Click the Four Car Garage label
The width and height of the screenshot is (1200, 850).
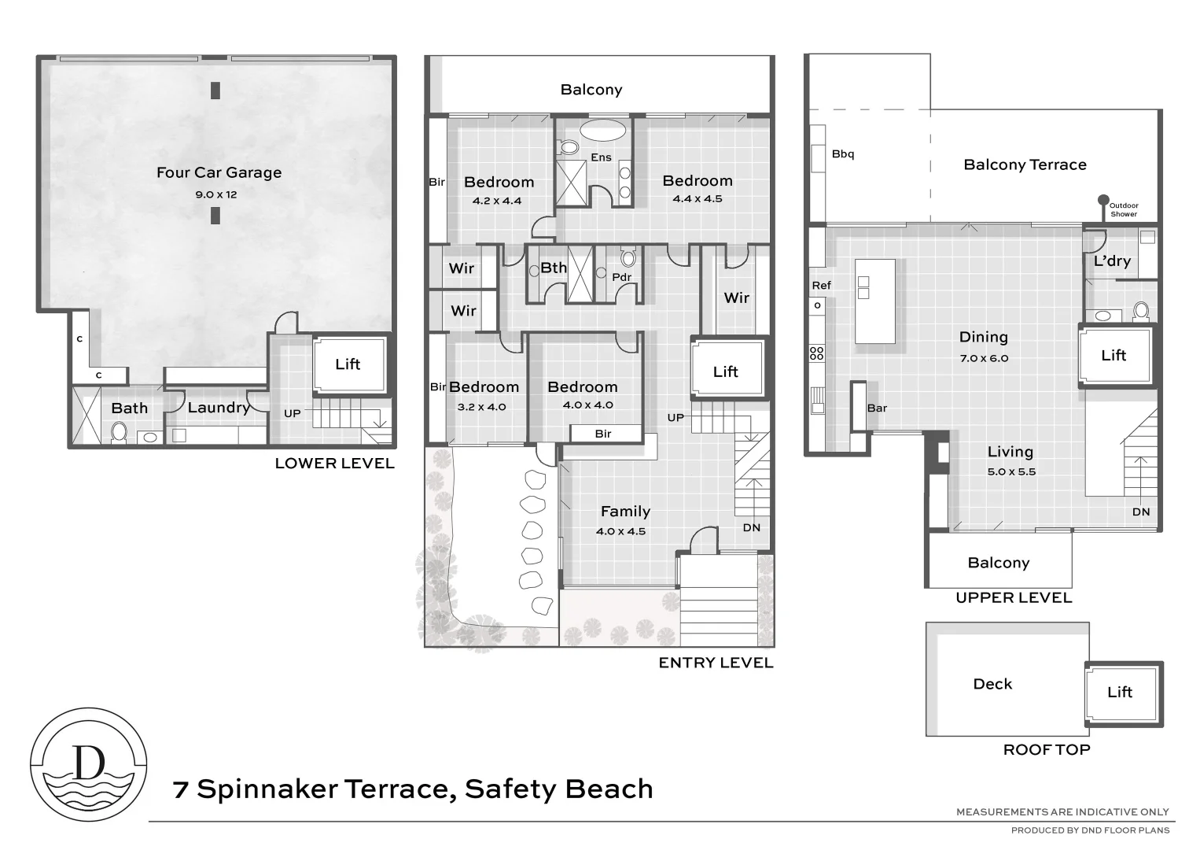click(219, 172)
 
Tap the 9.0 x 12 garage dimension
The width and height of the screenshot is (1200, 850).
click(216, 194)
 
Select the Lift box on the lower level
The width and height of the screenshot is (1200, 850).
click(348, 364)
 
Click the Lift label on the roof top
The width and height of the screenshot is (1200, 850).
click(1120, 692)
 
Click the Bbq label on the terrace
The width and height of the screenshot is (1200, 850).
click(843, 154)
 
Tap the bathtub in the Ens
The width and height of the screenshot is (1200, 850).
click(603, 131)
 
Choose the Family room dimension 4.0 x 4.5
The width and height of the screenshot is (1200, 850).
click(621, 531)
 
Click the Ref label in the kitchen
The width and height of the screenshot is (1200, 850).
click(821, 285)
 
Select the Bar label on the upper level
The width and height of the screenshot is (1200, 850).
click(877, 408)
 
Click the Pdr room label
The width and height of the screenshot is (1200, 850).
click(621, 277)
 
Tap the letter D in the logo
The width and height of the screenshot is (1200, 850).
click(88, 762)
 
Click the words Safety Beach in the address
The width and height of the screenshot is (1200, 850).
click(559, 789)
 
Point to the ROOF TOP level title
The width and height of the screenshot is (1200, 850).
click(1047, 750)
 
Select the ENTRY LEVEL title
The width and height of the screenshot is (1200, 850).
click(716, 663)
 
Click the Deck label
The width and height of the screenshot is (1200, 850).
click(992, 684)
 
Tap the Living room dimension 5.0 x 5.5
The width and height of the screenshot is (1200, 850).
click(1011, 472)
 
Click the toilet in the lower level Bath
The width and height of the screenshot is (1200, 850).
click(119, 432)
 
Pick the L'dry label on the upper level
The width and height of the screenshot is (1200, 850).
click(1112, 261)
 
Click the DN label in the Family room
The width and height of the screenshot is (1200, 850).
click(752, 527)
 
